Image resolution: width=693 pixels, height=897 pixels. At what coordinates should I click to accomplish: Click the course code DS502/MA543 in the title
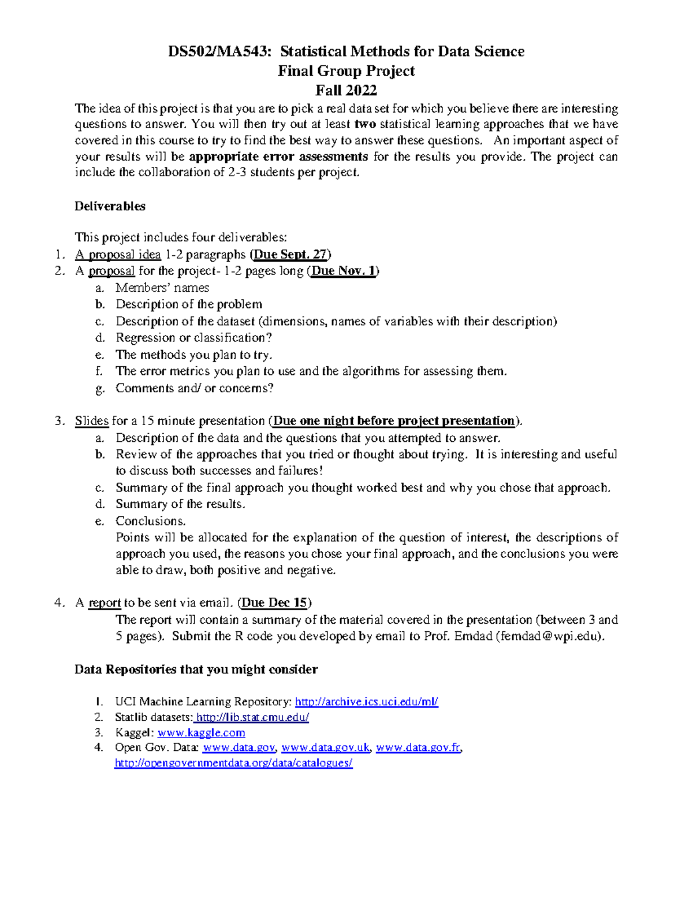[219, 51]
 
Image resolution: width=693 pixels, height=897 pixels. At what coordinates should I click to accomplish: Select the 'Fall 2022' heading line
[346, 90]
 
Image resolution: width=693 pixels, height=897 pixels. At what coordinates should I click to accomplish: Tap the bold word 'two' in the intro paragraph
[365, 124]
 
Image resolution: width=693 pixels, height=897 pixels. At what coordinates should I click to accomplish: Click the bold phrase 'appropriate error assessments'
[278, 157]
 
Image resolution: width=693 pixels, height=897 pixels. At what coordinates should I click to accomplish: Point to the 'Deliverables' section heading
[110, 206]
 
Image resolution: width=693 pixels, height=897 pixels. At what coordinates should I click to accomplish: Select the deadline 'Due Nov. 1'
[343, 271]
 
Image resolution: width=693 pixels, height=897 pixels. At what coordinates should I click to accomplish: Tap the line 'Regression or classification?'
[193, 337]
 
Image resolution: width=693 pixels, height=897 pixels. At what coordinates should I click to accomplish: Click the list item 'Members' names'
[162, 288]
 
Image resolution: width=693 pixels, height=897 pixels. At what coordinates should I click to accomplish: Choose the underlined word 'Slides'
[91, 420]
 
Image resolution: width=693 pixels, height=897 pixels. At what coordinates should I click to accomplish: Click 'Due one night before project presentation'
[394, 420]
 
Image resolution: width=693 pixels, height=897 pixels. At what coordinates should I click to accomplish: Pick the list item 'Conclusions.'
[151, 520]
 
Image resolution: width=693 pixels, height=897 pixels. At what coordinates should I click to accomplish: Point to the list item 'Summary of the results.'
[180, 504]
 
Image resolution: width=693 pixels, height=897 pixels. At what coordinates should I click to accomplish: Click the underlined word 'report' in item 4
[105, 602]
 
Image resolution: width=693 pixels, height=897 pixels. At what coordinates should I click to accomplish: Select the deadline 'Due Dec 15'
[274, 602]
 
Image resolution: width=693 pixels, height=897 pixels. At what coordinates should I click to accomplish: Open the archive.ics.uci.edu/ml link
[366, 702]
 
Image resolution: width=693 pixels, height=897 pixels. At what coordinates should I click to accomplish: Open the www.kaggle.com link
[201, 732]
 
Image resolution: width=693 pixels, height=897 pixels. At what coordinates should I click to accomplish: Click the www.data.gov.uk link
[325, 747]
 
